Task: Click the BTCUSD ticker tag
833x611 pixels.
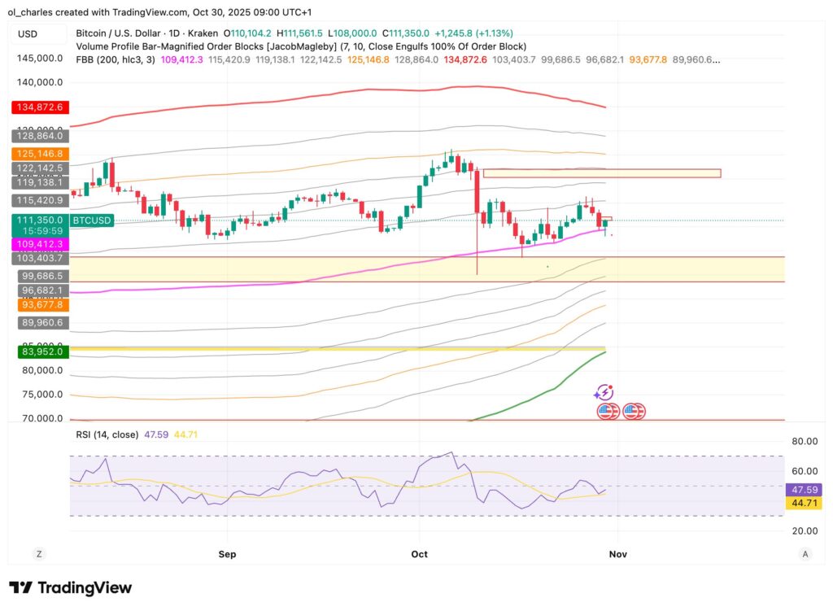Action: tap(92, 220)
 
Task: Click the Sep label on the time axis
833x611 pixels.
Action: tap(227, 554)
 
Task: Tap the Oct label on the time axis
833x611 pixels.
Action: tap(420, 554)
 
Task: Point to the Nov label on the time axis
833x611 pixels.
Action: tap(617, 554)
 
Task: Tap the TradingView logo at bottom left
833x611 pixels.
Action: tap(70, 587)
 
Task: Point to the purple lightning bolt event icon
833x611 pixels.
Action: tap(603, 393)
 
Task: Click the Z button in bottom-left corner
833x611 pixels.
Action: tap(37, 554)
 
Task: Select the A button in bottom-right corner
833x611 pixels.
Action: tap(805, 554)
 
